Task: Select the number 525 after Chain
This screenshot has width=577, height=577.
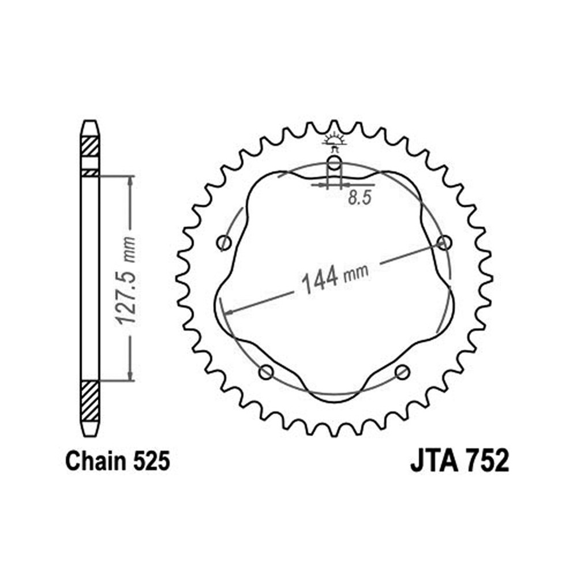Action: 151,460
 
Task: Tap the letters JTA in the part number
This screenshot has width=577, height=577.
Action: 434,460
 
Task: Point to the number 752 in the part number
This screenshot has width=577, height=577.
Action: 486,460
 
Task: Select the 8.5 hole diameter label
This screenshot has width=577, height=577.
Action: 359,198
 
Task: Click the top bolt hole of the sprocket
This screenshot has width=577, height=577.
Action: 334,163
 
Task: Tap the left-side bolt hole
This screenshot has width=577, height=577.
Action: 224,243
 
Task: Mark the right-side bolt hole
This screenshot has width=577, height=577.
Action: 444,243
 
